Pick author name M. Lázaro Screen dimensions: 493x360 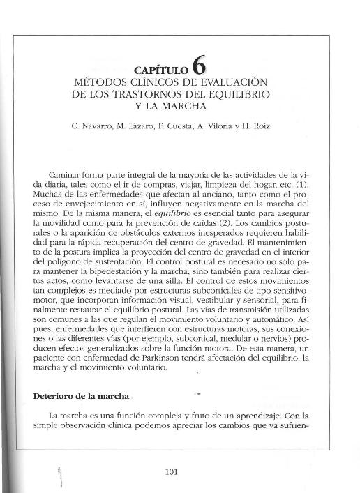pos(142,128)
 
